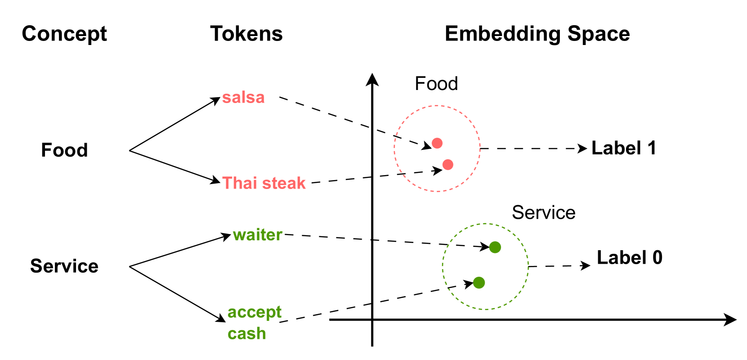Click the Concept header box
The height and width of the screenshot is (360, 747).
pyautogui.click(x=65, y=33)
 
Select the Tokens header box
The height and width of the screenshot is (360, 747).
pyautogui.click(x=247, y=33)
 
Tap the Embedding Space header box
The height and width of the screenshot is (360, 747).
pyautogui.click(x=537, y=33)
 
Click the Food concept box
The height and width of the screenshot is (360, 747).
pyautogui.click(x=65, y=150)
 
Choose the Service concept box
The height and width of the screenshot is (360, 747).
pyautogui.click(x=65, y=266)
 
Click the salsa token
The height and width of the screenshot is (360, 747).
pyautogui.click(x=243, y=97)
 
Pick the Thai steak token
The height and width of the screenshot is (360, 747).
pyautogui.click(x=264, y=183)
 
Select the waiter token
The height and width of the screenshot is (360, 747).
pyautogui.click(x=258, y=235)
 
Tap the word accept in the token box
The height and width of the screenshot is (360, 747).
pyautogui.click(x=254, y=312)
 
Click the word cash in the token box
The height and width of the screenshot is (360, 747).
pyautogui.click(x=247, y=333)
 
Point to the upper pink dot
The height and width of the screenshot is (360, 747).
pyautogui.click(x=437, y=143)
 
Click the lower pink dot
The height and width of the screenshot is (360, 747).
pyautogui.click(x=447, y=165)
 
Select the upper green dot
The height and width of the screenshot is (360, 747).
pyautogui.click(x=495, y=247)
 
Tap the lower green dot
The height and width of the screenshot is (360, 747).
pyautogui.click(x=479, y=283)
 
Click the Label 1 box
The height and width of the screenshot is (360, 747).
pyautogui.click(x=624, y=148)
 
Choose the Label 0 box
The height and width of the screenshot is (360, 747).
pyautogui.click(x=630, y=257)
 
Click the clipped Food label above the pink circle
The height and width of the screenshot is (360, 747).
pyautogui.click(x=437, y=84)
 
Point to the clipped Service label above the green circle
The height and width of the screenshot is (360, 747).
pyautogui.click(x=544, y=213)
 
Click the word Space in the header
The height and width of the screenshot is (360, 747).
pyautogui.click(x=599, y=33)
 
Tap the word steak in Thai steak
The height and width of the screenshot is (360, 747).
pyautogui.click(x=285, y=183)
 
